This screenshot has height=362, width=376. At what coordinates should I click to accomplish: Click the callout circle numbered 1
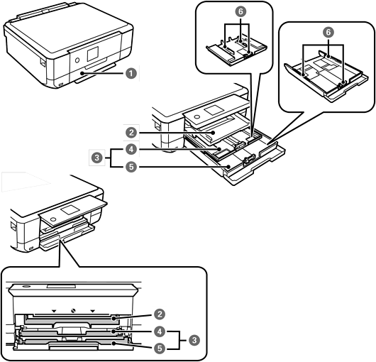point(131,73)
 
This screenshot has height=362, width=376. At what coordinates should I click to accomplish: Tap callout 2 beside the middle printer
point(131,133)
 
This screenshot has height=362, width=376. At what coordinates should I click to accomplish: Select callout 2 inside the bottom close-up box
point(160,314)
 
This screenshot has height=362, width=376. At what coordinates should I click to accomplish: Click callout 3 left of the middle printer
point(97,158)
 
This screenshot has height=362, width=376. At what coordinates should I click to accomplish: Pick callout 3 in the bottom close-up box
point(194,340)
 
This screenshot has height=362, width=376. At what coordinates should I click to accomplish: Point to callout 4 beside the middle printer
point(131,150)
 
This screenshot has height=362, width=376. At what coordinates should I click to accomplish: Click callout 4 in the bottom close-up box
point(160,331)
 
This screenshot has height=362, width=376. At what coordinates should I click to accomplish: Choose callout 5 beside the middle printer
point(131,167)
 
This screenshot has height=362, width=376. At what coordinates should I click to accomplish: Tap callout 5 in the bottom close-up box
point(160,349)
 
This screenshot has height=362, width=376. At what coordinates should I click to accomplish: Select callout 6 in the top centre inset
point(240,11)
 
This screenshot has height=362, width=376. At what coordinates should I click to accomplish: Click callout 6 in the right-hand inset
point(328,32)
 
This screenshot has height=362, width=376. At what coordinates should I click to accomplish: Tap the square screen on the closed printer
point(93,54)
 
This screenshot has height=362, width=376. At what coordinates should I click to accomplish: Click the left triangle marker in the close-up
point(54,311)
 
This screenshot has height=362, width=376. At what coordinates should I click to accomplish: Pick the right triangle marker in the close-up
point(92,311)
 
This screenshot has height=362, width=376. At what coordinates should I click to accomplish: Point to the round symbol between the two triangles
point(73,311)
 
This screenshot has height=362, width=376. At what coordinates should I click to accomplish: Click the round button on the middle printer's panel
point(197,116)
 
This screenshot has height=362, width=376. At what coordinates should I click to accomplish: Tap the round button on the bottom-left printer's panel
point(53,219)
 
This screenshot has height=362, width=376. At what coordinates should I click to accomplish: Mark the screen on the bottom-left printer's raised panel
point(70,210)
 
